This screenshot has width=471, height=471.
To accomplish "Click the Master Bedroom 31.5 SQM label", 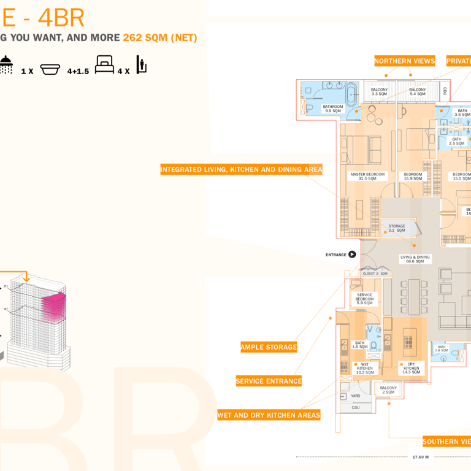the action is [367, 177].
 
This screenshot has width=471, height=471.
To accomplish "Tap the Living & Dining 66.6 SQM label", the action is [415, 259].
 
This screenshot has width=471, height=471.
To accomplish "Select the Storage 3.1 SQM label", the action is [396, 228].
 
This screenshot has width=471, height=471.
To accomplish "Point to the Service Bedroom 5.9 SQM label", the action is [364, 299].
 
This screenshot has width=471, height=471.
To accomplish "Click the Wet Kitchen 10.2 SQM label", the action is [365, 368].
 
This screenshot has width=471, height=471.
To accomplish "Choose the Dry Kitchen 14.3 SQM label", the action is [411, 368].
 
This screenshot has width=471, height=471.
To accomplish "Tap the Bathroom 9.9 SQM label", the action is [333, 109].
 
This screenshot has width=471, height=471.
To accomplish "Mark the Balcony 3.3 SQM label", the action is [379, 92].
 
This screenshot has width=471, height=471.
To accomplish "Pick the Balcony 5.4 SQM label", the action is [417, 92].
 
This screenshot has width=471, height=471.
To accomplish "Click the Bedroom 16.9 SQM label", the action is [413, 177].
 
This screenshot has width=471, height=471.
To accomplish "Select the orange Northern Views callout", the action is [404, 61].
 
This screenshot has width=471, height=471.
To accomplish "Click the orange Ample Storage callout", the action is [269, 347].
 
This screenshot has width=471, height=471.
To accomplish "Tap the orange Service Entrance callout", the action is [269, 381].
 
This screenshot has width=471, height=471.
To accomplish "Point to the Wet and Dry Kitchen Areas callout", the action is [269, 415].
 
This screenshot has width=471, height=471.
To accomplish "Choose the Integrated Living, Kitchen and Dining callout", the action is [241, 169].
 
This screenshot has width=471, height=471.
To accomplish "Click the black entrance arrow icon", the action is [352, 255].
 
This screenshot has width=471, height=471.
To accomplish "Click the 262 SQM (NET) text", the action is [160, 37].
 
